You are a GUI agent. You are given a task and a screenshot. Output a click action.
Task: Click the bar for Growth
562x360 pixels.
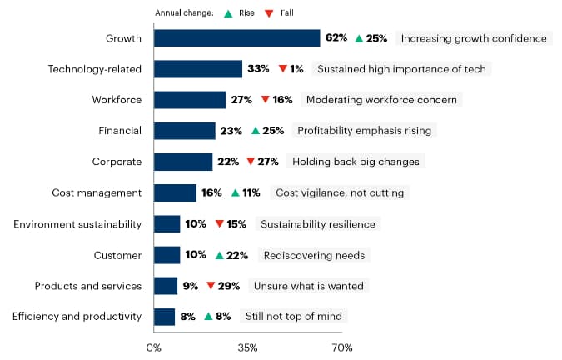click(237, 38)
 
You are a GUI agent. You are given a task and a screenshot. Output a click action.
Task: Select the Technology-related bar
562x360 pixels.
click(198, 69)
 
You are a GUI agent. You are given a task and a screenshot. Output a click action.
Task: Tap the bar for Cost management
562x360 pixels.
click(175, 192)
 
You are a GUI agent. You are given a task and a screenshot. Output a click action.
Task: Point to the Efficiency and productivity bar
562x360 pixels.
click(164, 317)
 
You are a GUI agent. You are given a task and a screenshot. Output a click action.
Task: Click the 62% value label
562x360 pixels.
click(336, 38)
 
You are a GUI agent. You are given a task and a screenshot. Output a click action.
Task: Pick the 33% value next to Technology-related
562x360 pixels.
click(258, 69)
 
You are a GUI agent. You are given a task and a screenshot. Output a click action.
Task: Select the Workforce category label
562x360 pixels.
click(117, 100)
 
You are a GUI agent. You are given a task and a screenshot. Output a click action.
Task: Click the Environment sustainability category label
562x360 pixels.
click(77, 224)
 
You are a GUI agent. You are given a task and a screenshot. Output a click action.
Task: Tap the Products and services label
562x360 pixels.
click(88, 286)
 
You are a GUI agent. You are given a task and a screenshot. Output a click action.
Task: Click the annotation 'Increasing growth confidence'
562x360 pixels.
click(474, 38)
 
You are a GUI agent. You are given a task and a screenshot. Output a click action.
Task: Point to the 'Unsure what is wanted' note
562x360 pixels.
click(311, 286)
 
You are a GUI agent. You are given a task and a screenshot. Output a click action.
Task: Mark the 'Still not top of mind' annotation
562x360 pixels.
click(294, 317)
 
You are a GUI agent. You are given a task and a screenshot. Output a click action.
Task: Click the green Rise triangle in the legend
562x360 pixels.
click(226, 13)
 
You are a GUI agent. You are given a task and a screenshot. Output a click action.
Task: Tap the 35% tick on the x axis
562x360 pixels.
click(247, 347)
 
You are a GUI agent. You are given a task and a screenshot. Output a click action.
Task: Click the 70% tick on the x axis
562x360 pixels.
click(341, 347)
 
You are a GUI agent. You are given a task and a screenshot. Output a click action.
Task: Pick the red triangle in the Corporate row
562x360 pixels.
click(251, 162)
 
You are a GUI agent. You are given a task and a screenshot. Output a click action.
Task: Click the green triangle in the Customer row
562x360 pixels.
click(219, 255)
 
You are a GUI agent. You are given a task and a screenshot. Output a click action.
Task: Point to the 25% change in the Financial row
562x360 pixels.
click(273, 131)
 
